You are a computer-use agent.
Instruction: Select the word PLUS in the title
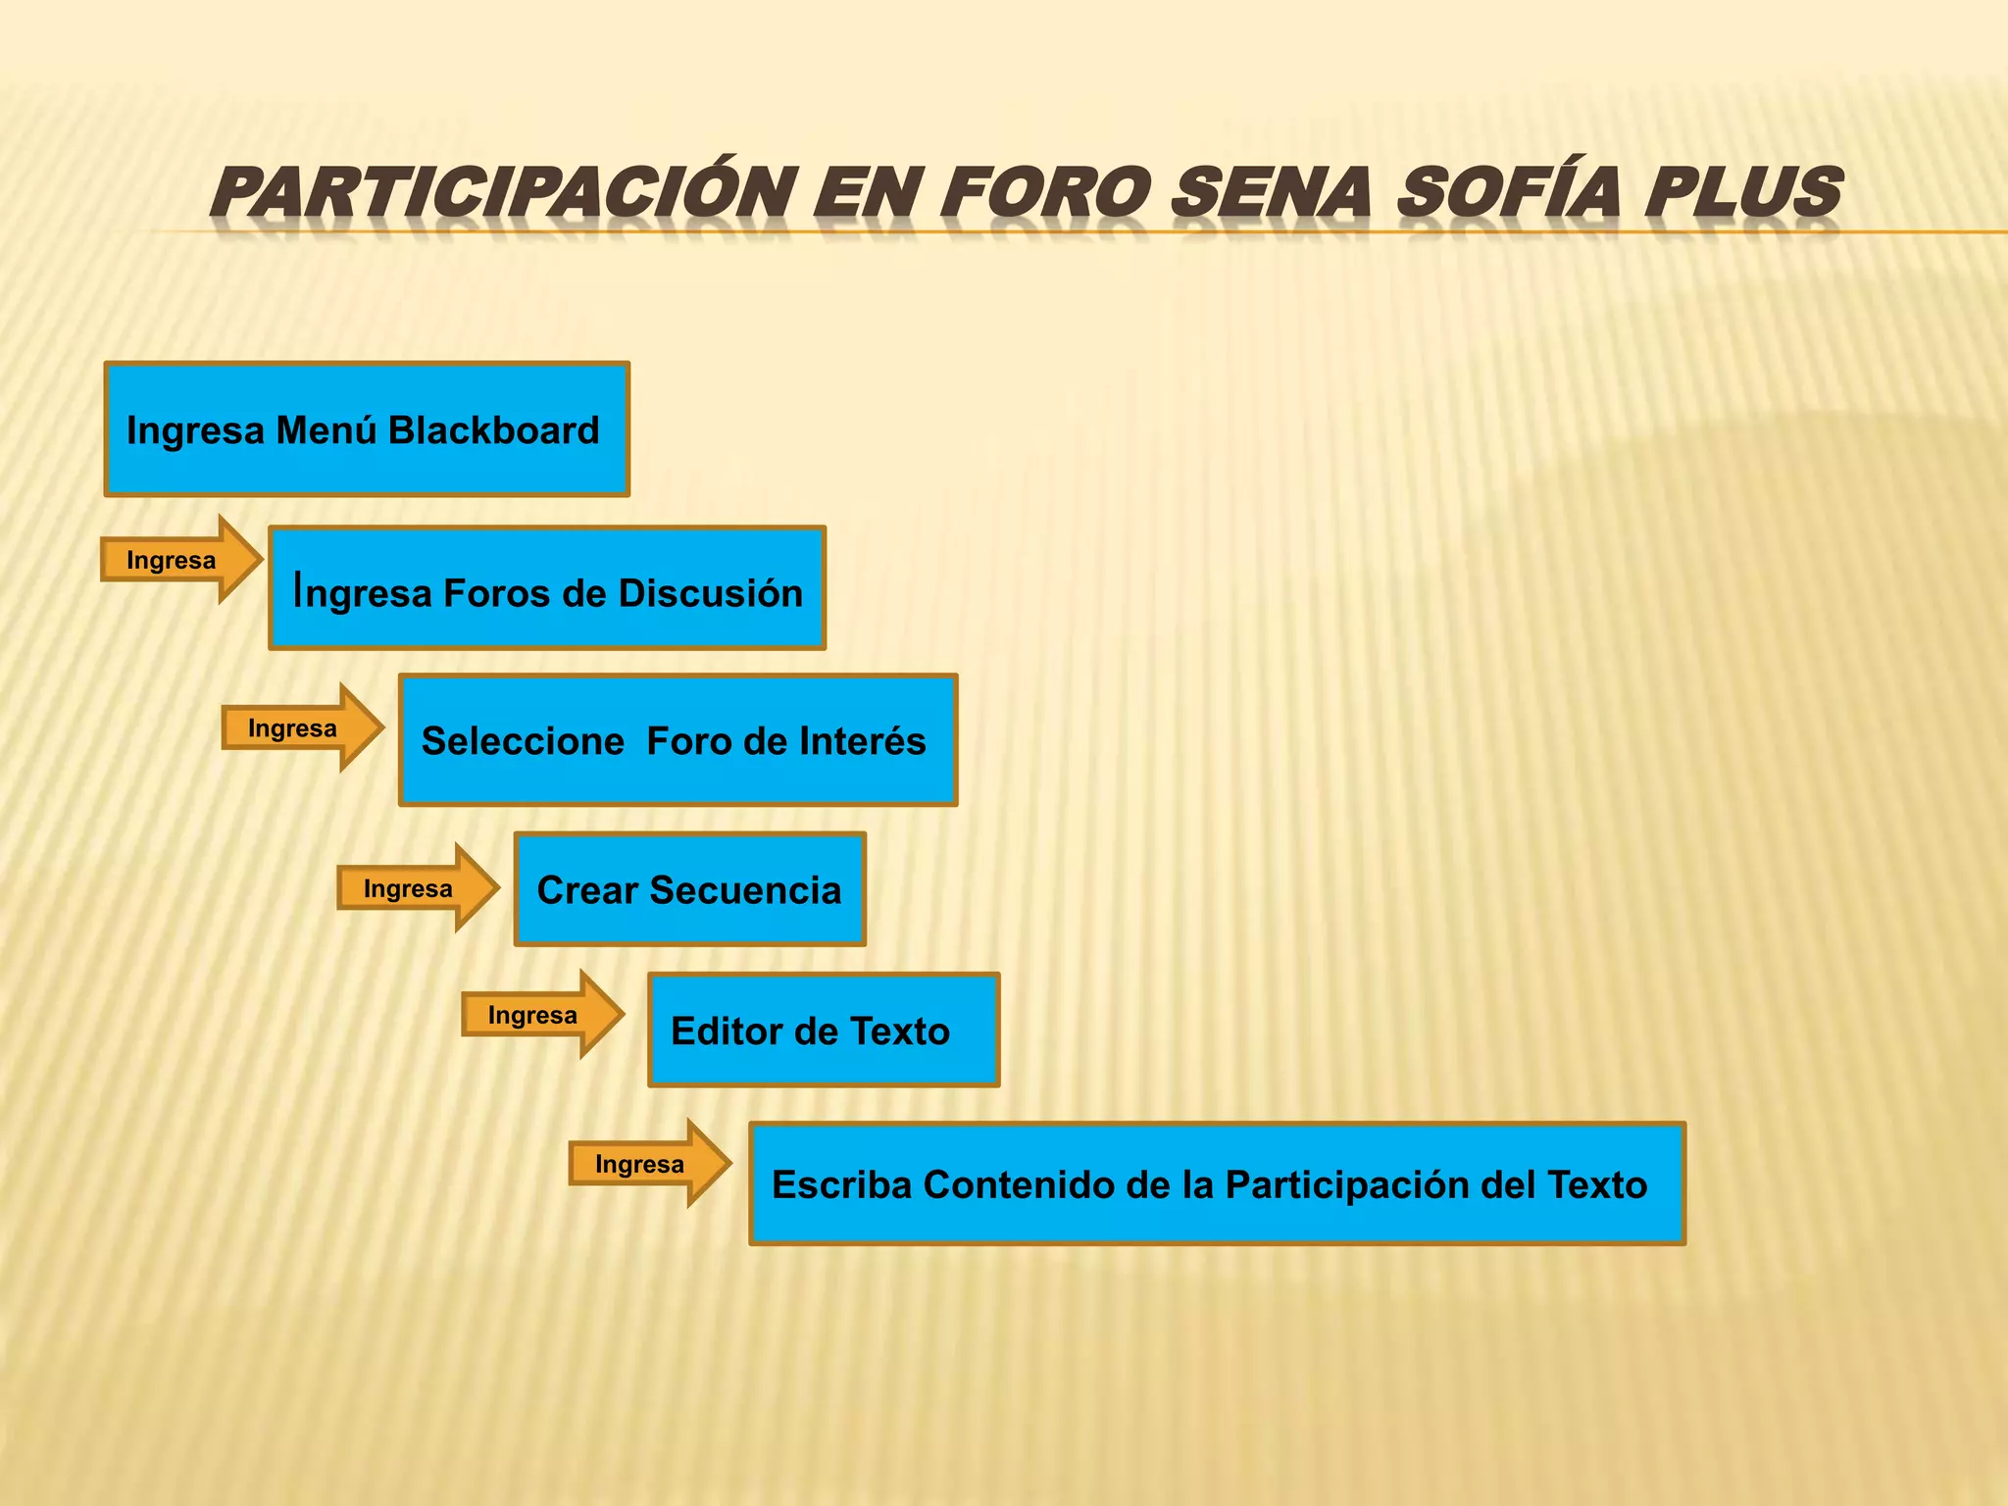1743,192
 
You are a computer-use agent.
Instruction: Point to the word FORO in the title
1043,192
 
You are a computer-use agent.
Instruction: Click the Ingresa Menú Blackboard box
366,429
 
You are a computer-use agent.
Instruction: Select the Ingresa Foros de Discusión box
547,588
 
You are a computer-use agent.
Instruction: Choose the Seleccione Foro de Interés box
678,740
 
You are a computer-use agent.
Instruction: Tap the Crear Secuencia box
689,889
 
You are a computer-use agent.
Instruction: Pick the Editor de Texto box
824,1030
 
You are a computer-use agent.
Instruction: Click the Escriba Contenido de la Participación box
1217,1184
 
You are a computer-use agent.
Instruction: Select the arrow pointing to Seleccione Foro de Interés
302,728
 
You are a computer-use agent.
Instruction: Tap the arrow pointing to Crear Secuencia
418,888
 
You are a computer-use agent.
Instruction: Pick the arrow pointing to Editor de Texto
542,1015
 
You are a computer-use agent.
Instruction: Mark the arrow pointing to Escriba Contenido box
649,1164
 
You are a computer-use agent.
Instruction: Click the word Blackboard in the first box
493,430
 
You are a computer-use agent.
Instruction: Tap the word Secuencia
745,890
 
